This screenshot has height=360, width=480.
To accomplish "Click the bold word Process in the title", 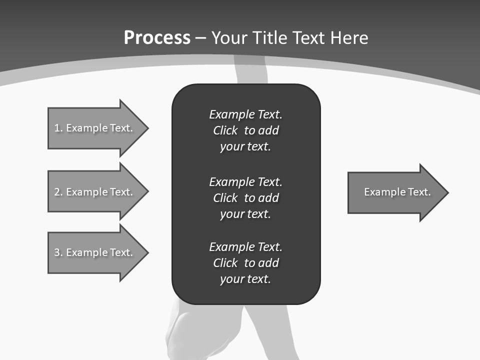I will click(x=157, y=38).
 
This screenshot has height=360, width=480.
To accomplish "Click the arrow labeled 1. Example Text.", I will click(x=93, y=128).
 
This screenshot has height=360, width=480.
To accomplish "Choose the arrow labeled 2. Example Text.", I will click(x=93, y=192).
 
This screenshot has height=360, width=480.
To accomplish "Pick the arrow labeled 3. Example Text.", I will click(x=93, y=252).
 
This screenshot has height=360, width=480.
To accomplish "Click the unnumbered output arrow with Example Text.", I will click(x=397, y=192).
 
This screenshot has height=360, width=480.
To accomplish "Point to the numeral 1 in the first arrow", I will click(x=56, y=128).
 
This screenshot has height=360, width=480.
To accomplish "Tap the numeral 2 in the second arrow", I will click(x=57, y=192).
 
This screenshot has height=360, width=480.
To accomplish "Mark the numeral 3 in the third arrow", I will click(x=57, y=252).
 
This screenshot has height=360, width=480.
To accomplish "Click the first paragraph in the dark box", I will click(x=245, y=130).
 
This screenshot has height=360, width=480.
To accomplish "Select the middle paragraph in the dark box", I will click(x=245, y=197).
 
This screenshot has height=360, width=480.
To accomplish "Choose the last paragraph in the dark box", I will click(x=245, y=263).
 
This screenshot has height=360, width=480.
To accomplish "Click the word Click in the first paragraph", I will click(x=225, y=130).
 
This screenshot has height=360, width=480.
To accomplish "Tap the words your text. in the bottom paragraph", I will click(x=245, y=279).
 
